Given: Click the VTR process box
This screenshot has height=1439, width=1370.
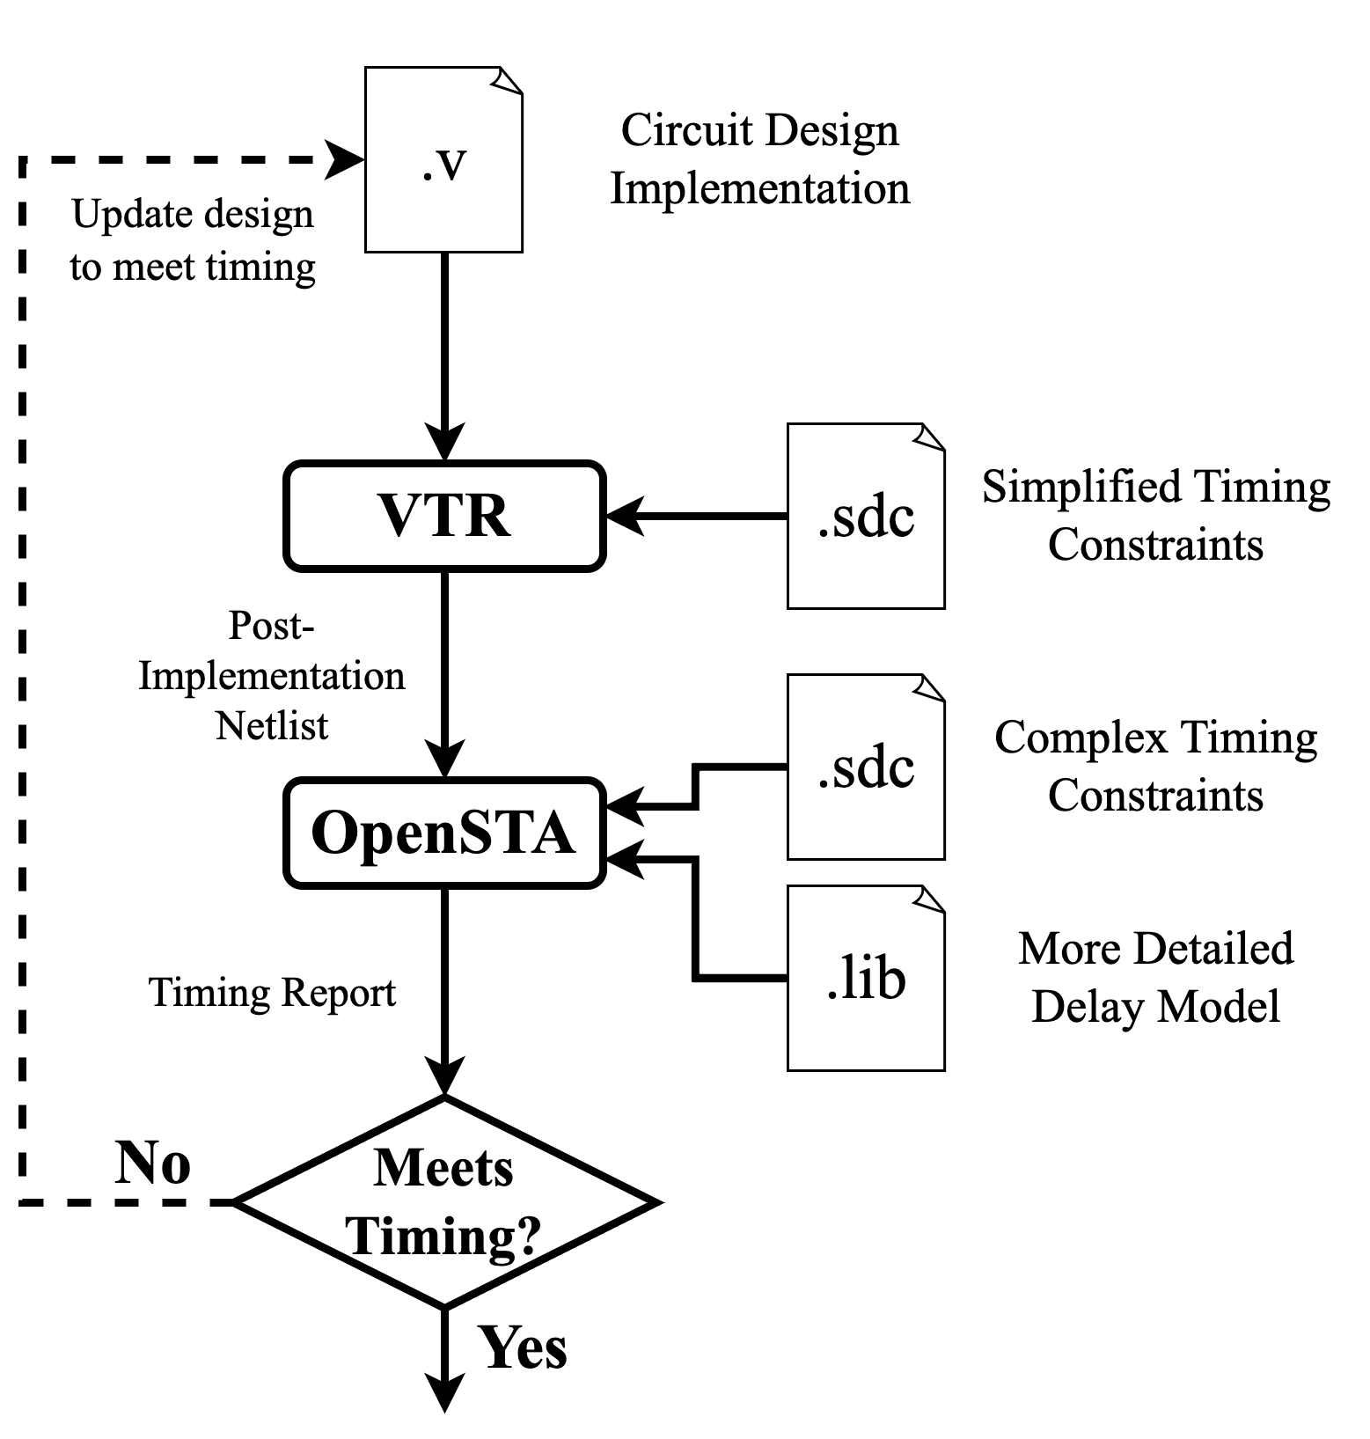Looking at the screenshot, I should [x=444, y=516].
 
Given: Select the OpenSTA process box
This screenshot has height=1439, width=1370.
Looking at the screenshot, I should [x=444, y=833].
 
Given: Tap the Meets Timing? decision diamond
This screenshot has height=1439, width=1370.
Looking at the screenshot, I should [x=444, y=1202].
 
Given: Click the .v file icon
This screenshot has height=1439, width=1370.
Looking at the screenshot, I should [x=443, y=160].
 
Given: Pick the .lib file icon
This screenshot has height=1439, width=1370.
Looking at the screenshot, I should [x=866, y=979].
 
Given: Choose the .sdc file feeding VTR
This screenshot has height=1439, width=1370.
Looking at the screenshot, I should [x=866, y=517].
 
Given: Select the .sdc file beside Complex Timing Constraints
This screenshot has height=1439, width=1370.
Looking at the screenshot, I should [x=866, y=767].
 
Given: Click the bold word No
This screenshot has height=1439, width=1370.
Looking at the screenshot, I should [x=153, y=1164].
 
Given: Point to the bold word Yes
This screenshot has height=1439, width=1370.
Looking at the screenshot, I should [x=523, y=1347].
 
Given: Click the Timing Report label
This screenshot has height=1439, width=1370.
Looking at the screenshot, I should [x=272, y=993].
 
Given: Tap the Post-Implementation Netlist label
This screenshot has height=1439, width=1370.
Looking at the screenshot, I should [x=272, y=676].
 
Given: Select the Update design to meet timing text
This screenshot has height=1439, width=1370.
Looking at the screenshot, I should [x=193, y=240].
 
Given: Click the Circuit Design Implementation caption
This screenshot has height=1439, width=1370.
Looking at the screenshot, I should [x=760, y=159].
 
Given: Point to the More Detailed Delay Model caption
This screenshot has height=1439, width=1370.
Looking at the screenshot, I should [x=1155, y=978].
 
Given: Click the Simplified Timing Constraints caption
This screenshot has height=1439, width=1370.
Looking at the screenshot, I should [x=1155, y=516].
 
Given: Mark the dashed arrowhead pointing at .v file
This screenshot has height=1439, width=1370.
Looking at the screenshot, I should [x=346, y=160].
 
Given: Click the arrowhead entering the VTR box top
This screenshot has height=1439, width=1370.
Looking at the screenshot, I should [x=444, y=441].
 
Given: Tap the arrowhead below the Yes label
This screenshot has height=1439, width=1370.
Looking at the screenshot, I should [x=444, y=1391].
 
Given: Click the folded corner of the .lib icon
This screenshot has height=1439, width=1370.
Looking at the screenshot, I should [x=930, y=899].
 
